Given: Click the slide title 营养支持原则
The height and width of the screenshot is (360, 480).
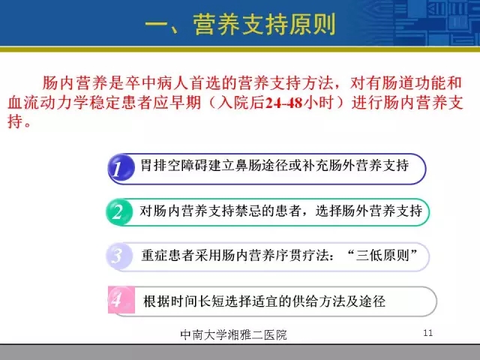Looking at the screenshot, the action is [265, 25].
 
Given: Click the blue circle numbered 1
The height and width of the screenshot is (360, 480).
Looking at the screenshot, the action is [121, 168].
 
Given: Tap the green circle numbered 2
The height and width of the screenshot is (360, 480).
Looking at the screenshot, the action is [119, 211].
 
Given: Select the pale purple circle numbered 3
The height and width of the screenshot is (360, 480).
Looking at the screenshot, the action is [119, 256].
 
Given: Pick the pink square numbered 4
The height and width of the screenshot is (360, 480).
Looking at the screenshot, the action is [121, 300].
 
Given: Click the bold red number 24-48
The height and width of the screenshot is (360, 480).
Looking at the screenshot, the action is [283, 103].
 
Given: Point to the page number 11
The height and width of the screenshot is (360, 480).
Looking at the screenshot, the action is [428, 333].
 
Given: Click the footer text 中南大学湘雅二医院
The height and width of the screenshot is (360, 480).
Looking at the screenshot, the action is [233, 334].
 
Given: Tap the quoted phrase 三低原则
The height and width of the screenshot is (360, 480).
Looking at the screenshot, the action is [382, 255].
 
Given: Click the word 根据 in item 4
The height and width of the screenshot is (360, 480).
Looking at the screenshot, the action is [157, 301].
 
